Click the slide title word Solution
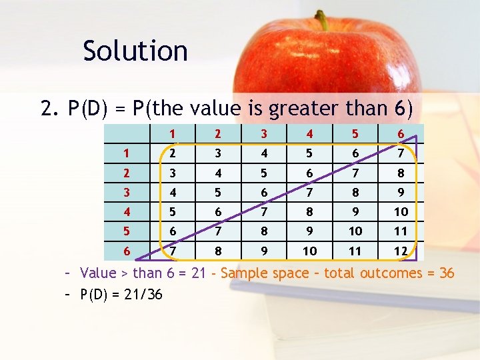point(135,51)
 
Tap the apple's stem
point(323,20)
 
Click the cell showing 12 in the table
point(401,251)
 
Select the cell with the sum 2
point(173,153)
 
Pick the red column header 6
point(401,133)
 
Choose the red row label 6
point(126,251)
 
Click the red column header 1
point(173,133)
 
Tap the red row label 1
point(126,153)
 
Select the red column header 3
point(264,133)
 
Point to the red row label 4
point(126,211)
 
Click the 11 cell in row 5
point(401,231)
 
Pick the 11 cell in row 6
point(355,251)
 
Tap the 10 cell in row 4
point(401,211)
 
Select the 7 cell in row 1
point(401,153)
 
